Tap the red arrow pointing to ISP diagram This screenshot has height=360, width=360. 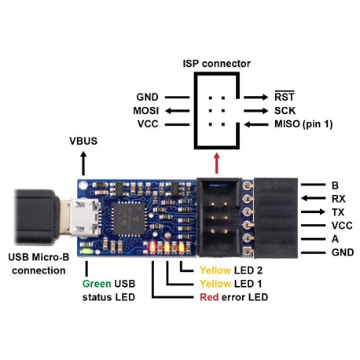[x=216, y=163]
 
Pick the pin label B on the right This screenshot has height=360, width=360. [x=336, y=185]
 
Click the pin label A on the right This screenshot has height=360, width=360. [x=336, y=238]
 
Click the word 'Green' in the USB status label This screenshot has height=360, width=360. [x=97, y=283]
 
